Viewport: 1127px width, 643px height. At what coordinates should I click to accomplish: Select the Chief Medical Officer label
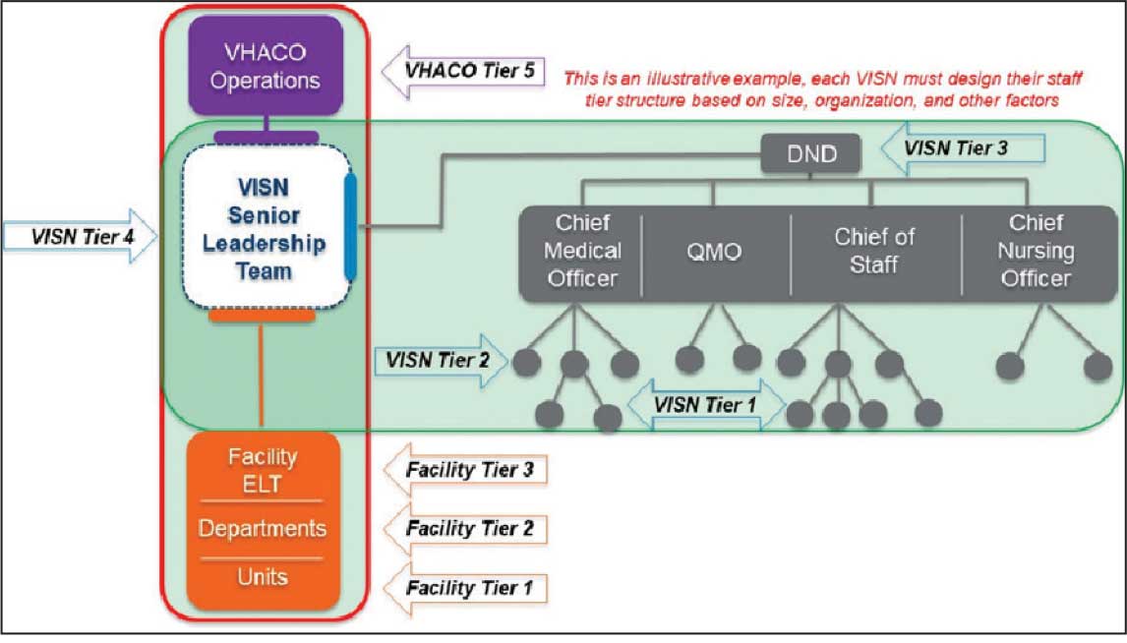[581, 251]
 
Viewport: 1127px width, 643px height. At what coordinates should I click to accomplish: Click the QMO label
[715, 252]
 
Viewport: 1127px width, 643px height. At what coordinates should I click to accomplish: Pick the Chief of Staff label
[874, 251]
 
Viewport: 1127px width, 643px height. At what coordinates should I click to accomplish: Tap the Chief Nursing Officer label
[1035, 251]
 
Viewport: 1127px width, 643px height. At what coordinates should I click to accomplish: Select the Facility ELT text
[263, 470]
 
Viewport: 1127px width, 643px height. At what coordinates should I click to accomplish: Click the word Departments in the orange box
[263, 528]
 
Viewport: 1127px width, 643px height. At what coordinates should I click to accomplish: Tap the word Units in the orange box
[263, 578]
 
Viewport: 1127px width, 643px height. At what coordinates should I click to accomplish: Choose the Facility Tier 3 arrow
[462, 470]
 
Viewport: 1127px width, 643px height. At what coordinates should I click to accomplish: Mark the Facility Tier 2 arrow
[462, 529]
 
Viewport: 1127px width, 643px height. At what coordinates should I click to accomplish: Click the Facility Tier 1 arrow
[462, 589]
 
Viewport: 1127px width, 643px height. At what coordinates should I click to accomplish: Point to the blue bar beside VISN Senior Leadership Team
[351, 227]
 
